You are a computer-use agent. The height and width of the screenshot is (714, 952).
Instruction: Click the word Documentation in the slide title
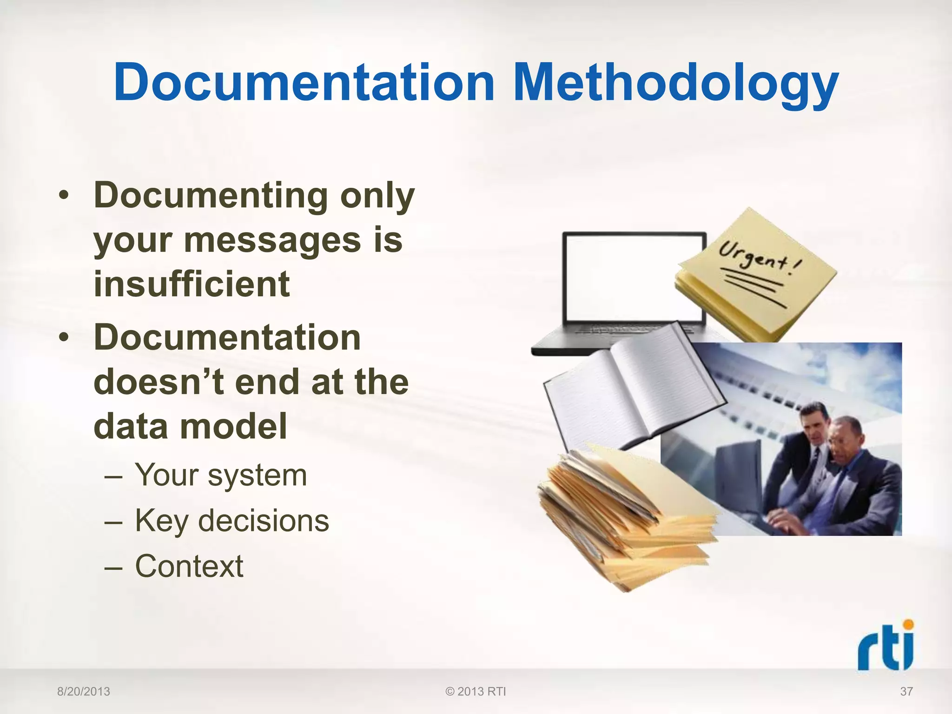[304, 83]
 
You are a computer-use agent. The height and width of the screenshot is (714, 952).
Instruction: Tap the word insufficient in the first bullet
[192, 284]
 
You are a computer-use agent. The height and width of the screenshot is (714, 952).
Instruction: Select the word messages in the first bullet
[272, 240]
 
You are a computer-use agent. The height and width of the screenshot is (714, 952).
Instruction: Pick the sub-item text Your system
[221, 475]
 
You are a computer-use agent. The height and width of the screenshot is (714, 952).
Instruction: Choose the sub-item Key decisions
[232, 521]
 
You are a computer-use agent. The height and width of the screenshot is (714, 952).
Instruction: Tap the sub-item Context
[189, 566]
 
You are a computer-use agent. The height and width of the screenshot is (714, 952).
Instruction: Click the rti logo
[886, 646]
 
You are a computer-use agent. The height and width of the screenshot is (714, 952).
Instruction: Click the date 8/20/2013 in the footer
[84, 692]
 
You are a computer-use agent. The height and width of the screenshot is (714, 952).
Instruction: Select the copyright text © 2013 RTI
[476, 692]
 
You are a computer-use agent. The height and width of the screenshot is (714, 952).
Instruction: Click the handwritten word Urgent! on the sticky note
[760, 258]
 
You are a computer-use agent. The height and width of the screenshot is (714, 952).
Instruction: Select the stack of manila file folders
[623, 516]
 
